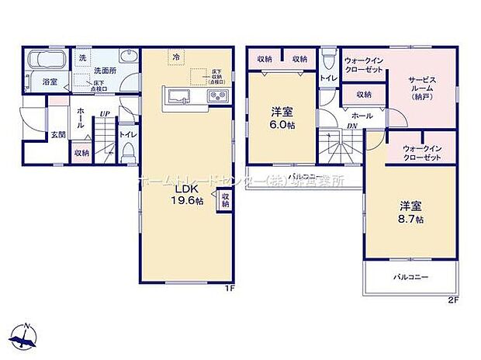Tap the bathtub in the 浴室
pos(47,60)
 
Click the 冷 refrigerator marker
pos(176,57)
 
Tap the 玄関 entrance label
pos(58,135)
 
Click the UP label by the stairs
pos(102,116)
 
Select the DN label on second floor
pos(353,126)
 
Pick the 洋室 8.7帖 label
pos(411,211)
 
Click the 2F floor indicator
pos(452,299)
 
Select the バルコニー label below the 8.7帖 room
pos(410,276)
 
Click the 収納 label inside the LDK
pos(225,200)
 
